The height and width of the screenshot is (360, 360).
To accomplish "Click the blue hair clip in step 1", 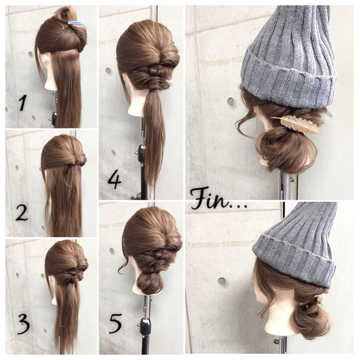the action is click(76, 22).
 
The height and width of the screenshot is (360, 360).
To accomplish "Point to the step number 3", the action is click(24, 324).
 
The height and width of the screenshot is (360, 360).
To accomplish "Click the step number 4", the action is click(114, 181).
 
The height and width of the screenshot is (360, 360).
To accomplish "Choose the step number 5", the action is click(115, 323).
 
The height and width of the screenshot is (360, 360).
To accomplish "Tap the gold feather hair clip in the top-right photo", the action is click(295, 124).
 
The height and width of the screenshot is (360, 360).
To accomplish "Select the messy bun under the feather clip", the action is click(286, 150).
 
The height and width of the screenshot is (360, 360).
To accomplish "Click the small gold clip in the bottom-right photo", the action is click(320, 298).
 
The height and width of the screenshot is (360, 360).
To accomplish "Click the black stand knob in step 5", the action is click(145, 325).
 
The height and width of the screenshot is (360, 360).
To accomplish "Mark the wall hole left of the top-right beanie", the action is click(231, 102).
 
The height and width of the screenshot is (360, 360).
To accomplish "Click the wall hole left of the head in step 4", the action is click(108, 70).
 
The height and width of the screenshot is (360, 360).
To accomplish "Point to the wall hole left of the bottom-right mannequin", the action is click(222, 281).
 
